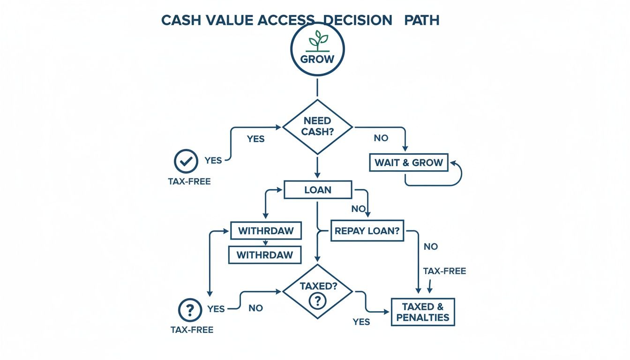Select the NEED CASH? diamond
[x=317, y=127]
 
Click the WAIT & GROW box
[x=408, y=163]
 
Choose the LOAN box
[x=318, y=190]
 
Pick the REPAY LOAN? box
[x=367, y=231]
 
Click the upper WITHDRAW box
[x=266, y=231]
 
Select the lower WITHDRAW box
[x=265, y=255]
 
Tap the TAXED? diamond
[x=317, y=291]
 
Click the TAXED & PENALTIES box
[x=422, y=312]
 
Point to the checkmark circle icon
[x=186, y=161]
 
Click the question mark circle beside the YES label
[x=190, y=309]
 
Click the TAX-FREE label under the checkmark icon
[x=189, y=181]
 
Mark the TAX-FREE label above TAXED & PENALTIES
[x=444, y=271]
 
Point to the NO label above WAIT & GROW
[x=381, y=138]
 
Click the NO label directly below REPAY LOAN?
[x=430, y=246]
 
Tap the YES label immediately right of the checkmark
[x=213, y=161]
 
